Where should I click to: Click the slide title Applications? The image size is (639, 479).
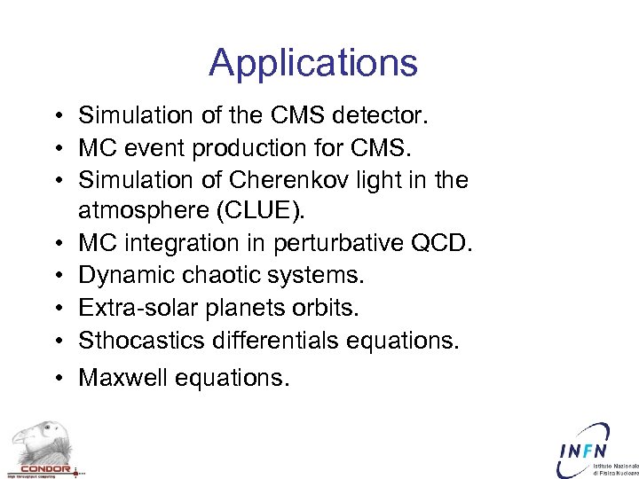tap(313, 63)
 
